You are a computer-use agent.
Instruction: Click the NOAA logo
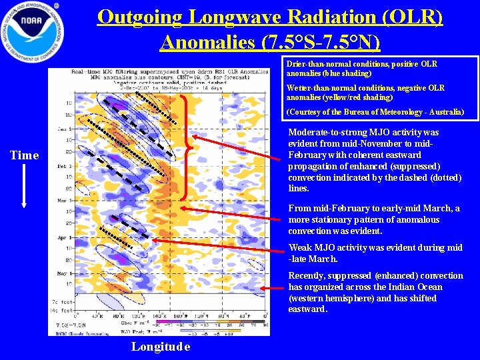[32, 30]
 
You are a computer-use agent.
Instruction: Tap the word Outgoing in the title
[138, 17]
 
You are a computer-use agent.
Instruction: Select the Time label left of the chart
[25, 155]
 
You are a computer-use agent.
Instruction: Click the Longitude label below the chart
[161, 346]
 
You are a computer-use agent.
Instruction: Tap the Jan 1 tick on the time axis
[65, 129]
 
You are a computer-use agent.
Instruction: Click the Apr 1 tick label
[65, 237]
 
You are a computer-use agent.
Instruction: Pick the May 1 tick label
[65, 273]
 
